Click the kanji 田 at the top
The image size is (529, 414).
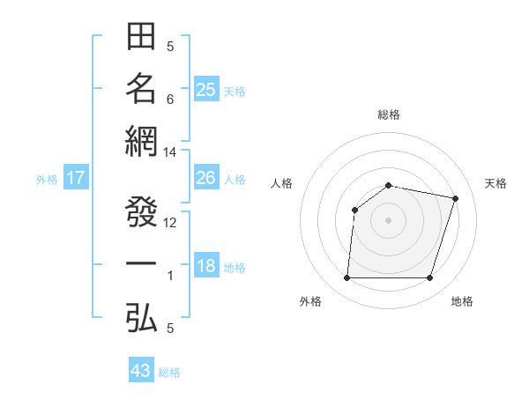tap(141, 37)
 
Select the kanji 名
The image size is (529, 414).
tap(141, 88)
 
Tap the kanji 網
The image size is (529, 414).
tap(141, 141)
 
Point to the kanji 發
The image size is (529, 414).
tap(141, 211)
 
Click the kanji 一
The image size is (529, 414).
tap(141, 264)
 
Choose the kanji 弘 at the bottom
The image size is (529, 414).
tap(141, 317)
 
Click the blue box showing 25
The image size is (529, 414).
tap(206, 89)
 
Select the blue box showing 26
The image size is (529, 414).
tap(206, 178)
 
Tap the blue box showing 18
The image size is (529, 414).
tap(206, 267)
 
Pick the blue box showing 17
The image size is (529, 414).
tap(76, 179)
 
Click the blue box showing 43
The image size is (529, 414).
tap(141, 371)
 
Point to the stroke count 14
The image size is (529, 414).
tap(170, 152)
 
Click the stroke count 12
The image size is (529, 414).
tap(170, 223)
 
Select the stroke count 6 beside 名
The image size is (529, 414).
tap(170, 99)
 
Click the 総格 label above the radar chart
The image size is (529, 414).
tap(389, 115)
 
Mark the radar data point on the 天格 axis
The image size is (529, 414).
tap(456, 198)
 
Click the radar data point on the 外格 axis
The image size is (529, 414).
tap(346, 278)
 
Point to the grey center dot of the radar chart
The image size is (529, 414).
tap(389, 219)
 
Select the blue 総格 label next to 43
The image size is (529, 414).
tap(169, 373)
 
